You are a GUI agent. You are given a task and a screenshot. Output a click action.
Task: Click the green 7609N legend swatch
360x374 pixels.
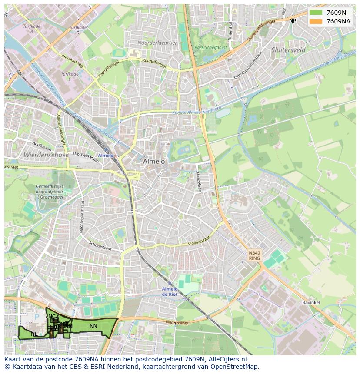316,13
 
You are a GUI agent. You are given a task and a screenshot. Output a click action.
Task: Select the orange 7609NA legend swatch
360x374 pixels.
316,21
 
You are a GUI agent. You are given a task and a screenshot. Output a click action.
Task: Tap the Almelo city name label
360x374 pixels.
154,161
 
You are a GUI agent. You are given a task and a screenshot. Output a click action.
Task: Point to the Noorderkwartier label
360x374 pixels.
157,43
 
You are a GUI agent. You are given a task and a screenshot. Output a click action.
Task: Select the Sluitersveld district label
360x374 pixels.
288,50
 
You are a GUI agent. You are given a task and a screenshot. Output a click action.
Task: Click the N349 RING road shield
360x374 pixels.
254,255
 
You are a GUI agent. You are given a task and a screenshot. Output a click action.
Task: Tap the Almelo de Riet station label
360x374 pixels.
170,291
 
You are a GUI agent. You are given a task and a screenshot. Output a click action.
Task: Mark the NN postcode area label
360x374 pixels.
93,326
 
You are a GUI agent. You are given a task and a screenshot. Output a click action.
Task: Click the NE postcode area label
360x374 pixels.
34,334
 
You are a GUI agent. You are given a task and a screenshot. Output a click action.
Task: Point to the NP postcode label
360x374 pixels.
292,20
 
